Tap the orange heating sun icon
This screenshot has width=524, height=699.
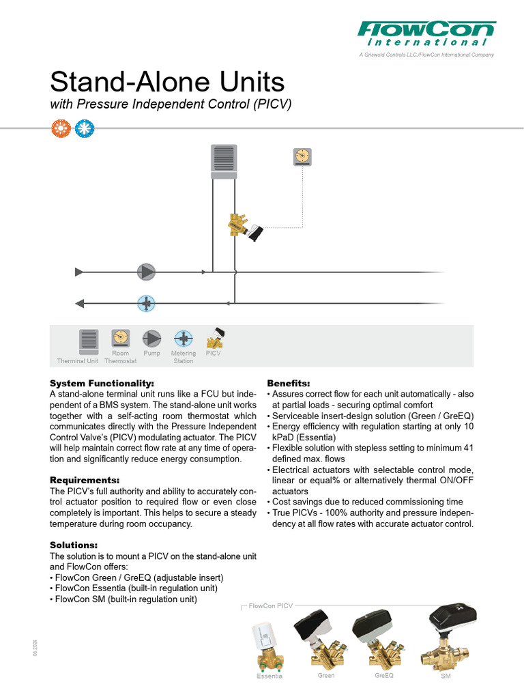[61, 129]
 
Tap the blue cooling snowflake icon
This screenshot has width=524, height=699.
[85, 129]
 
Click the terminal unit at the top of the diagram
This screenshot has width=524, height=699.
[224, 162]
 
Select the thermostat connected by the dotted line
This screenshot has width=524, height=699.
[302, 157]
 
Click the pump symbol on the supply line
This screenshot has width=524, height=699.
[146, 272]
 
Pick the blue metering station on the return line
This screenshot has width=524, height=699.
[147, 303]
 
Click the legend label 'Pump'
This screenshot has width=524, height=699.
[151, 354]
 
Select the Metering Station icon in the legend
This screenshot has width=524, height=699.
[183, 338]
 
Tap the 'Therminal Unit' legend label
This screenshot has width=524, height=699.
[78, 361]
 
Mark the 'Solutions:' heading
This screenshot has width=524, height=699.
[74, 545]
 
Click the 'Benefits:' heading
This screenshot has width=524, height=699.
[289, 383]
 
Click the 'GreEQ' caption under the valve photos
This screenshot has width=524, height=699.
[384, 676]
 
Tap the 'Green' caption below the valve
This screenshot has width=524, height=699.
[326, 676]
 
